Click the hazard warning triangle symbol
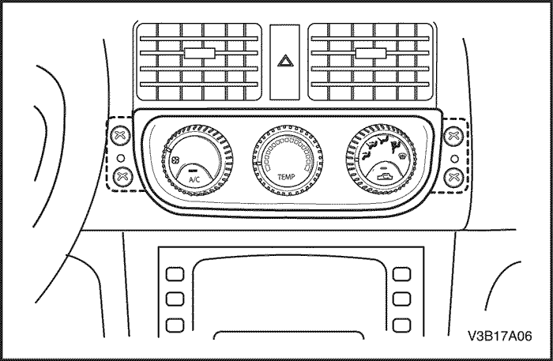coord(285,61)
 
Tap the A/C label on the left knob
coord(194,179)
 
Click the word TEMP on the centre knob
coord(286,177)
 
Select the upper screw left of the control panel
coord(120,135)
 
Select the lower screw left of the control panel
coord(122,176)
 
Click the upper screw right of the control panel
coord(453,136)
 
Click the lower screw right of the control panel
coord(453,177)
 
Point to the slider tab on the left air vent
coord(200,53)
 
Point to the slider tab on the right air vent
coord(371,53)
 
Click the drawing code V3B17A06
coord(500,336)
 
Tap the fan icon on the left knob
coord(175,160)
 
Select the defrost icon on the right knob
coord(402,156)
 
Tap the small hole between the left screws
coord(121,158)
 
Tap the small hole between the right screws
coord(455,159)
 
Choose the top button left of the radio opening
coord(175,274)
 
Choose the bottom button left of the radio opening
coord(175,325)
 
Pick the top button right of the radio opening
coord(401,274)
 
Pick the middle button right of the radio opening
coord(401,299)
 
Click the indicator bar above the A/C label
coord(193,170)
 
